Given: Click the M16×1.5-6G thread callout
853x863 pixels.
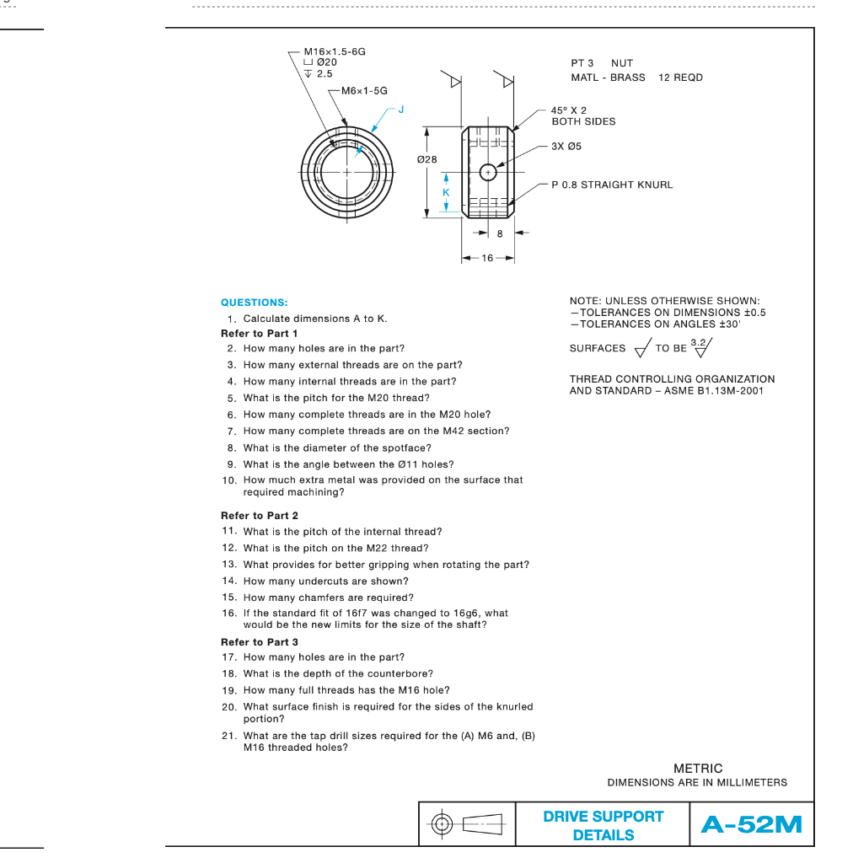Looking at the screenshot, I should pos(335,51).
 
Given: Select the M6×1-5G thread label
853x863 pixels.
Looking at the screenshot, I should pos(364,90).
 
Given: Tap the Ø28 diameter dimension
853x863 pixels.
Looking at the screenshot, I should pos(427,160).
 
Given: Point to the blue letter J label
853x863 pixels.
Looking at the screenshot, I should pos(401,110).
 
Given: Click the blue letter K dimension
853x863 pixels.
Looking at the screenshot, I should pos(447,193).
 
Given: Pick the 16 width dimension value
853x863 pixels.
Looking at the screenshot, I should pos(488,258).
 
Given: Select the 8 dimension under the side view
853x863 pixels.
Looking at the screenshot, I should pos(500,234).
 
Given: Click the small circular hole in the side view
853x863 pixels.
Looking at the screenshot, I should pos(488,172).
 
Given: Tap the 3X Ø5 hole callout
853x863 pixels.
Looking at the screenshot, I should pos(566,146).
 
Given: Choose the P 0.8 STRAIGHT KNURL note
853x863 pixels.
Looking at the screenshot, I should pos(612,185).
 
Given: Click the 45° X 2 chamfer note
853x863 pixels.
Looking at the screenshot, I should pos(569,110).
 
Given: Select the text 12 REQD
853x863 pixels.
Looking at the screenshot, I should pos(680,78).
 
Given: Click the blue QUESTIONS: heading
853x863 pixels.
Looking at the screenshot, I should pos(254,302).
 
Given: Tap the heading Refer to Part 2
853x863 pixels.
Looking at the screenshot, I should pos(260,515).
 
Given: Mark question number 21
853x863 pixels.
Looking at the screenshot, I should pos(228,736).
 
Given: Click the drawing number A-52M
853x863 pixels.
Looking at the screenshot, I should pos(751,824).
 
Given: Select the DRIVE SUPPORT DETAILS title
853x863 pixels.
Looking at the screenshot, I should pos(603,825).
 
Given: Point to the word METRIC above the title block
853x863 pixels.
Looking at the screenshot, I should pos(698,768).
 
